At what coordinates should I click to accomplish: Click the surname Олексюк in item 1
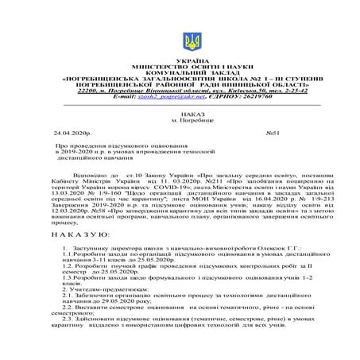coord(256,249)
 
